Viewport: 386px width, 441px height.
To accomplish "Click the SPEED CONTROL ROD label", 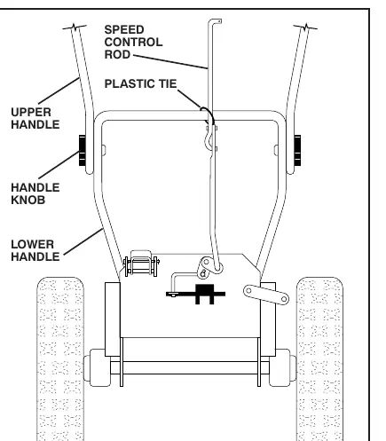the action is coord(133,42).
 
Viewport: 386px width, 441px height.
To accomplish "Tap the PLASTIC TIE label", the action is coord(140,83).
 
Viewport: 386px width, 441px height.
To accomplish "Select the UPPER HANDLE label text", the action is coord(35,118).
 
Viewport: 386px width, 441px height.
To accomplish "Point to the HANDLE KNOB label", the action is coord(35,193).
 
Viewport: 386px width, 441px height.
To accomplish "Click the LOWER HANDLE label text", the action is coord(35,250).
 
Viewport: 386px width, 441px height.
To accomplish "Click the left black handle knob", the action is coord(82,150).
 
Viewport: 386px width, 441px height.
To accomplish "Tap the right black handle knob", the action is coord(297,150).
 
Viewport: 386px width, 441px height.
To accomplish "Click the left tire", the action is coord(60,358).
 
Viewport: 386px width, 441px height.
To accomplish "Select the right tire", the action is coord(319,358).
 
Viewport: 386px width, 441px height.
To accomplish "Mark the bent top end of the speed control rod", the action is coord(215,21).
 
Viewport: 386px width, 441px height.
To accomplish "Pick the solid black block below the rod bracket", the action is coord(204,294).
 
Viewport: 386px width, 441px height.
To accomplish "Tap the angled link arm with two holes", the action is coord(266,295).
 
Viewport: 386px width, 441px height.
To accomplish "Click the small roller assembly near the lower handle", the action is coord(141,264).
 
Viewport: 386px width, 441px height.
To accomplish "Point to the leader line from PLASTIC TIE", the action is coord(189,98).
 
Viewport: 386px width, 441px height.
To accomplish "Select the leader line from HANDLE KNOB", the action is coord(59,165).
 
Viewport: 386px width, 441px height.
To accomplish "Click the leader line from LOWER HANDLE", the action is coord(83,241).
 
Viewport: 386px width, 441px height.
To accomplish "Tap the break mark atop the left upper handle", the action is coord(75,28).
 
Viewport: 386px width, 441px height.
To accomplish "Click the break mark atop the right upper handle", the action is coord(305,28).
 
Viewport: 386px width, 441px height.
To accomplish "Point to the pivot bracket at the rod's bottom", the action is coord(210,267).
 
